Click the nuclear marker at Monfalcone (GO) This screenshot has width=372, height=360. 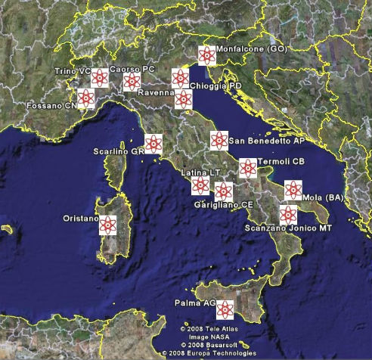click(206, 54)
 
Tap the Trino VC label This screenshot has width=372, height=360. click(72, 70)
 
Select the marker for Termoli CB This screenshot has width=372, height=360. click(247, 167)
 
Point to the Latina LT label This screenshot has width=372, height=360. click(200, 173)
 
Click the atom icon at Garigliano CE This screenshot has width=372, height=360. click(222, 191)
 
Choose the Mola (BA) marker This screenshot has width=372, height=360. click(293, 190)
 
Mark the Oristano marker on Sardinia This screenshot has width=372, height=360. click(109, 225)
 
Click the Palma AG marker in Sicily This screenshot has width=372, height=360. click(225, 308)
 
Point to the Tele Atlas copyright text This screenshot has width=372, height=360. click(208, 329)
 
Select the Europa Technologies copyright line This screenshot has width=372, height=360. click(209, 353)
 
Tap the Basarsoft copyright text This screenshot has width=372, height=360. click(209, 345)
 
